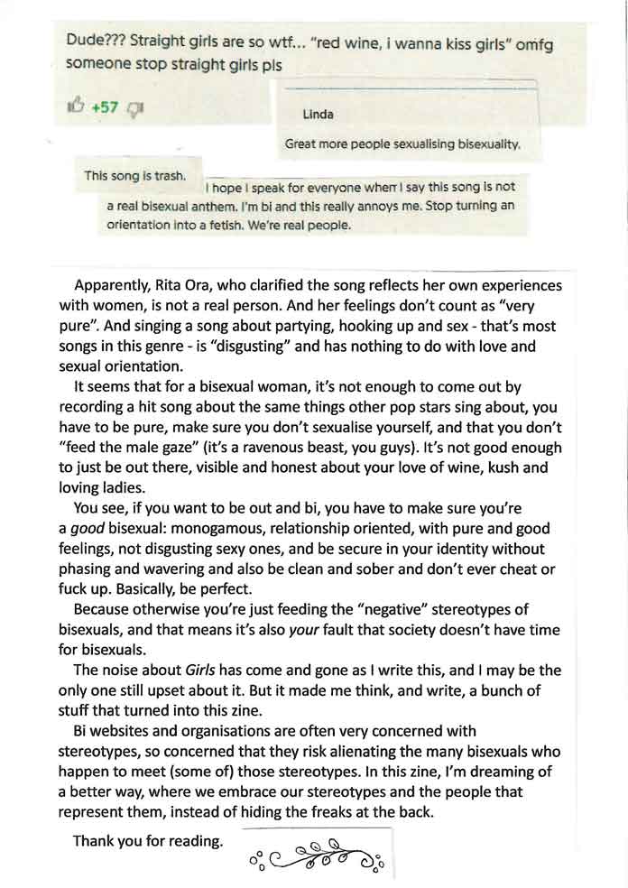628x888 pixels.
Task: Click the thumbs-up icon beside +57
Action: pyautogui.click(x=75, y=108)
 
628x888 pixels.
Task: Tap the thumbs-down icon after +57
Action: pyautogui.click(x=136, y=109)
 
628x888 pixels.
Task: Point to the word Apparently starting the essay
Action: pyautogui.click(x=114, y=285)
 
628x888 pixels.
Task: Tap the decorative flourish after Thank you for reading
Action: pyautogui.click(x=316, y=852)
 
